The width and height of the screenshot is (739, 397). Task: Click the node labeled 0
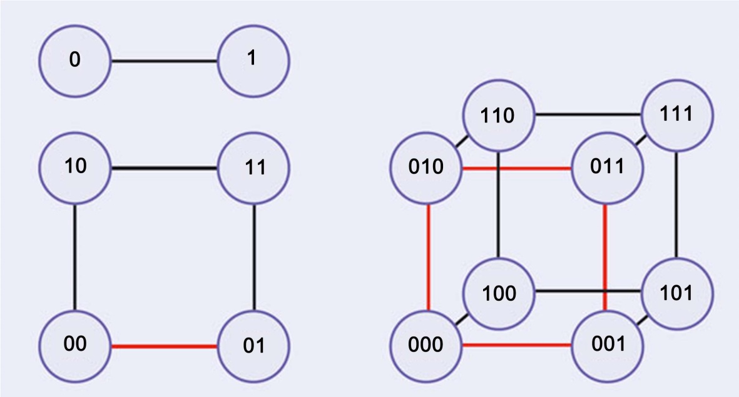coord(75,61)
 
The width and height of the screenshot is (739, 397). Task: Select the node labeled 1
coord(253,61)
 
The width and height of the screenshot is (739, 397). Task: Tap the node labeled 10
coord(75,168)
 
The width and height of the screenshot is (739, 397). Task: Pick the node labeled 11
coord(253,168)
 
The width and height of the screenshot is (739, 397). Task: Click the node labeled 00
coord(75,346)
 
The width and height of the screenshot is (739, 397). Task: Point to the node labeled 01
coord(253,346)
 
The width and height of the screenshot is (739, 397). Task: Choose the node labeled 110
coord(499,116)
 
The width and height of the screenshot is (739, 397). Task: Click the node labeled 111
coord(677,116)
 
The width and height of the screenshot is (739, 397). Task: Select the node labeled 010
coord(426,168)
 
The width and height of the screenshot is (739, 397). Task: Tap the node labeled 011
coord(607,168)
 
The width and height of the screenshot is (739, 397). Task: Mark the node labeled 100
coord(499,293)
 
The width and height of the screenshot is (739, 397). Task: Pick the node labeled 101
coord(677,293)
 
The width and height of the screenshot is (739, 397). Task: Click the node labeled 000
coord(426,346)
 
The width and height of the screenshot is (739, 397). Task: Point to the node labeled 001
coord(607,346)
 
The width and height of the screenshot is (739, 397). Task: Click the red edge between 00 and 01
coord(165,346)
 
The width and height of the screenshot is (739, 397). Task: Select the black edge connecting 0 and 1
coord(165,61)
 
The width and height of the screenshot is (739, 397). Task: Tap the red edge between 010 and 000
coord(428,257)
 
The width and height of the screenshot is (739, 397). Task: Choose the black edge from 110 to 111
coord(588,114)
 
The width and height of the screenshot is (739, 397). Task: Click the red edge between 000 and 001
coord(516,345)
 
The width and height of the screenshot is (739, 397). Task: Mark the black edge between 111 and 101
coord(677,204)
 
